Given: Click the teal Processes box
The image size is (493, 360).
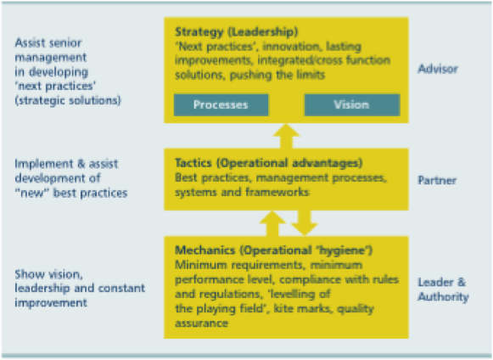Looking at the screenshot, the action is [221, 104].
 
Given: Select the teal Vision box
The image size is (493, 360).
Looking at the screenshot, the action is [352, 104].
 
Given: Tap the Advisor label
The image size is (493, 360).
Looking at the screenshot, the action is [438, 69].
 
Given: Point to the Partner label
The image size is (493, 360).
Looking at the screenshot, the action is [437, 180].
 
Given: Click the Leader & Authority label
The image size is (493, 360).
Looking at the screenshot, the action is [443, 290].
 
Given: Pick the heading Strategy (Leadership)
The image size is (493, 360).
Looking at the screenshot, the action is [237, 31].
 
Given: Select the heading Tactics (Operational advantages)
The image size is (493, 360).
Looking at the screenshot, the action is [269, 163].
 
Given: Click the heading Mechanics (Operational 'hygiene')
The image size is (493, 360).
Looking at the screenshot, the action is [273, 250].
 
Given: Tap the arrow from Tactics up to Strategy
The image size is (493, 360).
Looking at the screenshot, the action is [286, 136].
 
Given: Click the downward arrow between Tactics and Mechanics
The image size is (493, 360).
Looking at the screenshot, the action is [305, 223].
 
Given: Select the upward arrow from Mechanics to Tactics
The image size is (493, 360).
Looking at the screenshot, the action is [272, 223].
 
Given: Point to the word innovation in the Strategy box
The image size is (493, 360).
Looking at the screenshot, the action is [291, 47].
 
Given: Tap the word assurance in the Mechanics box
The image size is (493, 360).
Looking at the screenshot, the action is [202, 323].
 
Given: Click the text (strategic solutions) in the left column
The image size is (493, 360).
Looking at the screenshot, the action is [68, 101].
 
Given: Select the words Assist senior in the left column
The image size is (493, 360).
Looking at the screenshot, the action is [48, 42].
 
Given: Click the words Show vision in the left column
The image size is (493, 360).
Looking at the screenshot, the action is [48, 275].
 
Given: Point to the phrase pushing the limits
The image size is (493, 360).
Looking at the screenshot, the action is [277, 76].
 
